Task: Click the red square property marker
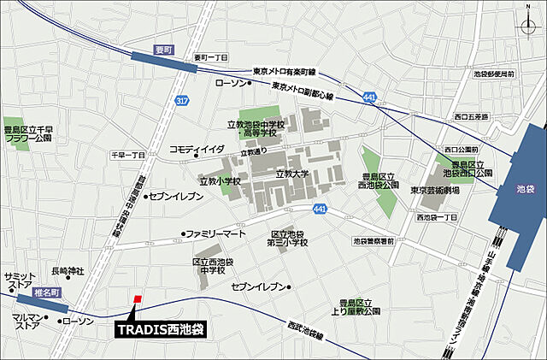[137, 298]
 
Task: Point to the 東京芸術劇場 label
[434, 190]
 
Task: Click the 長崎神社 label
[68, 271]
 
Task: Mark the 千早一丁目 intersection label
[128, 155]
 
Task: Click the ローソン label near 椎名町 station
[79, 321]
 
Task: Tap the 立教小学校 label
[220, 181]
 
